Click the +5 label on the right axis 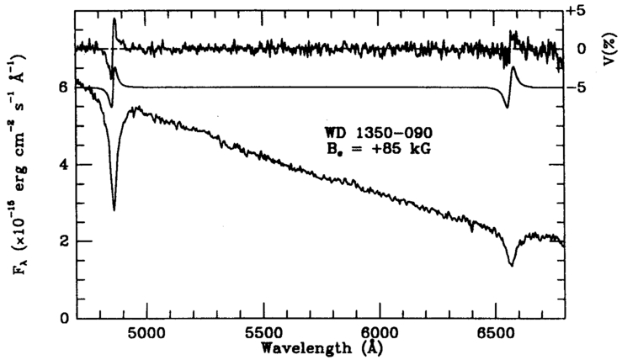581,10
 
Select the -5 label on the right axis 581,87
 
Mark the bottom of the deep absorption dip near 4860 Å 114,209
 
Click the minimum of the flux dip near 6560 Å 511,265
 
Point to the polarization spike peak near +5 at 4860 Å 114,19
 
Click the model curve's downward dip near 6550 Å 507,107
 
